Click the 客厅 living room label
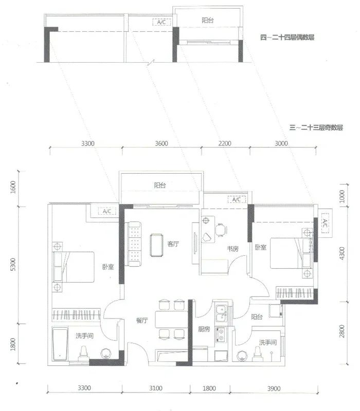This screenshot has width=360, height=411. tap(173, 244)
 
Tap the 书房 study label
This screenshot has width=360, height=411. tap(233, 249)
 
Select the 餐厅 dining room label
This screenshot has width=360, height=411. tap(142, 320)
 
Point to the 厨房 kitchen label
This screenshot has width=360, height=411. tap(204, 329)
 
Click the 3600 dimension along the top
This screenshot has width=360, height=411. tap(161, 143)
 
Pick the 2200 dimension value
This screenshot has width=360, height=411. tap(225, 143)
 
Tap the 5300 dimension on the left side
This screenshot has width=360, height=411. tap(13, 264)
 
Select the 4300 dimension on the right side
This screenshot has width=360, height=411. tap(341, 253)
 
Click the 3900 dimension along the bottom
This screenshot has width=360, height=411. tap(274, 388)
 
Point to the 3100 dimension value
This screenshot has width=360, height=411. tap(156, 388)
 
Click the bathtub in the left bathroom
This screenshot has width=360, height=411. tap(60, 344)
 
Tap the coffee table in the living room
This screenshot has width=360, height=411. tap(157, 245)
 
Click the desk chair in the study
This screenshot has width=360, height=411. tap(221, 230)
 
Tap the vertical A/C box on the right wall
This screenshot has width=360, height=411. tap(325, 223)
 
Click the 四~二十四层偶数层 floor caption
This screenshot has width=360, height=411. tap(287, 37)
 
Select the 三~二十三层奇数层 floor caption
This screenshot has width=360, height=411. tap(316, 127)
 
